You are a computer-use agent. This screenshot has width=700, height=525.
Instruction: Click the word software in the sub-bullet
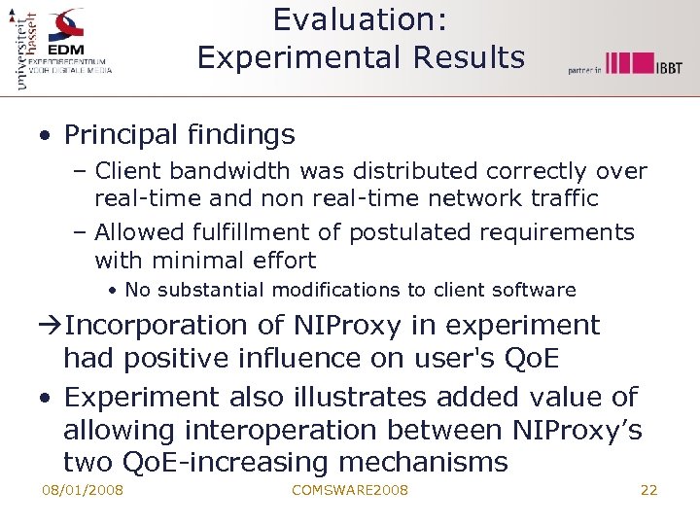tap(537, 290)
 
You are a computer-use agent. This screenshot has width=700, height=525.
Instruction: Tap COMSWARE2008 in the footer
tap(349, 490)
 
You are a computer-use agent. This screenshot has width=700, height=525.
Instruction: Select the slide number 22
tap(648, 490)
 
